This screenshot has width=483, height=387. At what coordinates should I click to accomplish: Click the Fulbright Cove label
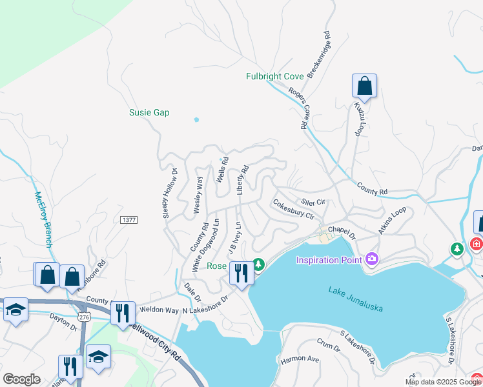274,76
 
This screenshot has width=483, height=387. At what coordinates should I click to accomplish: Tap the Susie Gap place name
149,112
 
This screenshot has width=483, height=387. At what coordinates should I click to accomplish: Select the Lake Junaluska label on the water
355,299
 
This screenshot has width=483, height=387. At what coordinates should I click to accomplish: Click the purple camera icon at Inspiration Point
371,259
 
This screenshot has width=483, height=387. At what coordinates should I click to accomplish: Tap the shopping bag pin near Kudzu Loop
364,86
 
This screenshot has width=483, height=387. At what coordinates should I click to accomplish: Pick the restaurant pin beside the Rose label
240,273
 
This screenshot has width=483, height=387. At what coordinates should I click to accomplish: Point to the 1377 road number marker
129,220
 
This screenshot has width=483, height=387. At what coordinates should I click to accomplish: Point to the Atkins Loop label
393,219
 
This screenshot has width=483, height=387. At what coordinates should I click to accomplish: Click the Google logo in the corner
21,379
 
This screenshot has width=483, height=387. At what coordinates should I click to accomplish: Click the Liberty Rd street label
243,180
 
